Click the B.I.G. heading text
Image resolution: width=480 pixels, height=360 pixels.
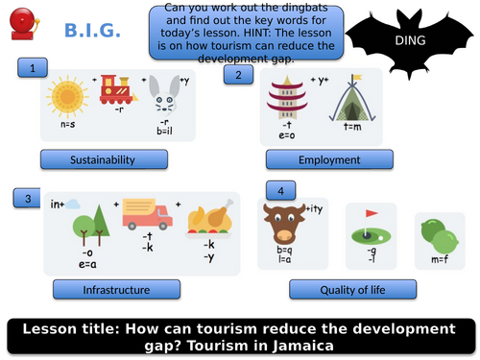[92, 32]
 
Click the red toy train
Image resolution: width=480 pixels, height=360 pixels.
[118, 89]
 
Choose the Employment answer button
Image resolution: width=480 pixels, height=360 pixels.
[329, 159]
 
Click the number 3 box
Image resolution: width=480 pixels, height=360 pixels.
[29, 199]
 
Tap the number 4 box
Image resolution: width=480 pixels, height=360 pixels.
[279, 190]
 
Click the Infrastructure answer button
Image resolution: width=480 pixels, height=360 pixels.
[117, 288]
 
